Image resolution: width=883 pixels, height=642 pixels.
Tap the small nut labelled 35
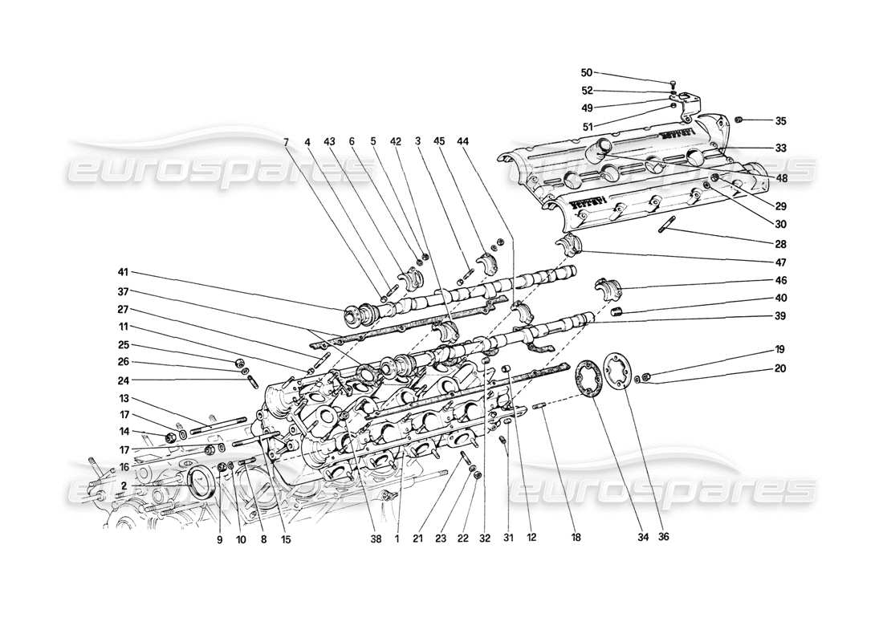point(741,120)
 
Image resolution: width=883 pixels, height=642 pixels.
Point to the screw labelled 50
point(673,83)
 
